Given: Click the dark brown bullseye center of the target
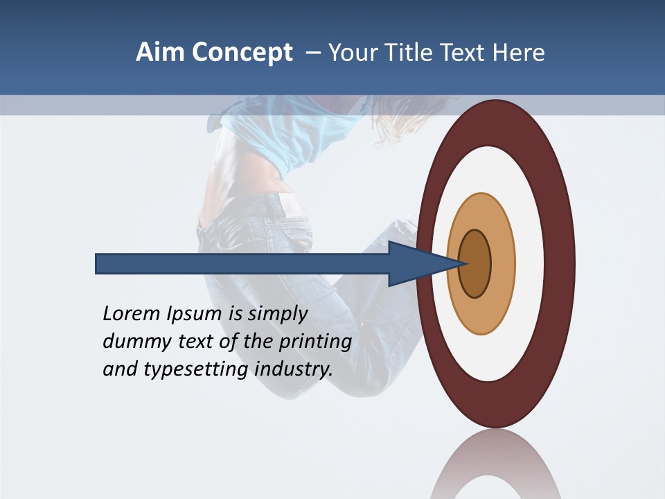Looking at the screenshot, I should tap(475, 264).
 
